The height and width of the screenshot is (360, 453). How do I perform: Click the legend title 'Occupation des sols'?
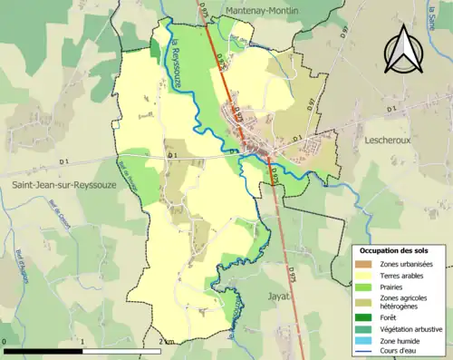coord(394,250)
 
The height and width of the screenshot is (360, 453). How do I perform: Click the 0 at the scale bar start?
coord(5,341)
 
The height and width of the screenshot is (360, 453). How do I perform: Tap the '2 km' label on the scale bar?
coord(167,341)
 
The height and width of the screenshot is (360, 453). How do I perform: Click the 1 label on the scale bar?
coord(82,341)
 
